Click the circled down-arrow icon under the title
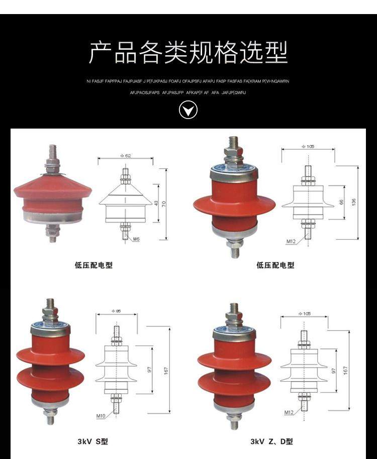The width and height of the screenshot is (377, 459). [189, 109]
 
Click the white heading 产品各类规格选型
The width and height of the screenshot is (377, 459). [189, 53]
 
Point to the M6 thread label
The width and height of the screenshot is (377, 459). [136, 239]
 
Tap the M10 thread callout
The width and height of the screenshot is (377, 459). [101, 416]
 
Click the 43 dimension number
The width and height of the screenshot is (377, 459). [156, 203]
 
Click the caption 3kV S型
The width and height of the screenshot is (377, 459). [92, 442]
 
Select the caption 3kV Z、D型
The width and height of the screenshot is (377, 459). [271, 442]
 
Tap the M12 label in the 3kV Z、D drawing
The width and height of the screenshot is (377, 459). [289, 413]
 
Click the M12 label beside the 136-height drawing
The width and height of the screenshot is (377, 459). [291, 242]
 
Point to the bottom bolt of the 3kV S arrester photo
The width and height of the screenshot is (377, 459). [50, 417]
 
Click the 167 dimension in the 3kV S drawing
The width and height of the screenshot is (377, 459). [166, 371]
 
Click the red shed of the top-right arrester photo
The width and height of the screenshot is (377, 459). [234, 203]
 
